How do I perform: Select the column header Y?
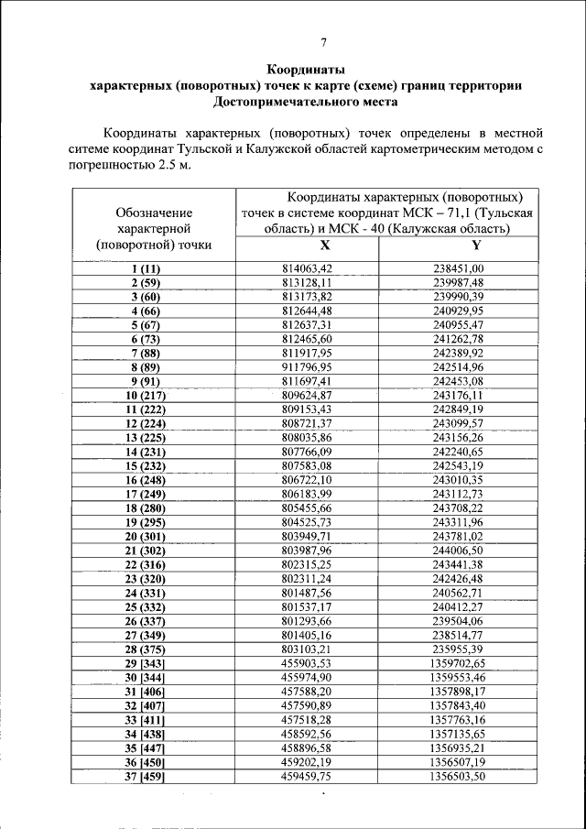click(477, 246)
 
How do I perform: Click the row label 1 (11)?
click(145, 268)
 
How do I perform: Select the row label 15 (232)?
click(145, 466)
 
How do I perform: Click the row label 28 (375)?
click(145, 649)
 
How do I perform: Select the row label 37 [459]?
click(145, 776)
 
